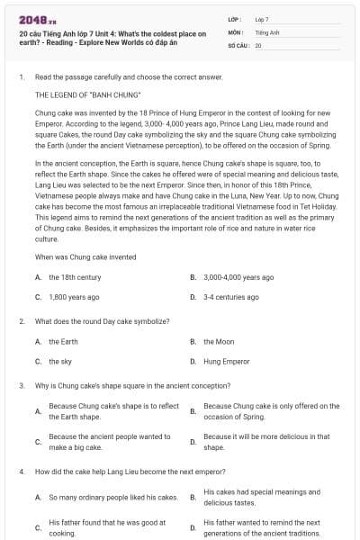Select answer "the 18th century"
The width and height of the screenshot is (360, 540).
tap(74, 277)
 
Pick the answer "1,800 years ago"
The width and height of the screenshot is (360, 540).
tap(74, 296)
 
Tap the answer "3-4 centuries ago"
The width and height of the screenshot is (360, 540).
tap(230, 296)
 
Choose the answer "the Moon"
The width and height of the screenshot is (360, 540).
tap(219, 342)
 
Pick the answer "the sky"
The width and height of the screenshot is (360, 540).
tap(60, 361)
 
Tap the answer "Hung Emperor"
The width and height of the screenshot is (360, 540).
tap(226, 361)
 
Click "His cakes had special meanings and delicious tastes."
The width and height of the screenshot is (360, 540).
tap(261, 497)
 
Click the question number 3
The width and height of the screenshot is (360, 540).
tap(21, 385)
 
